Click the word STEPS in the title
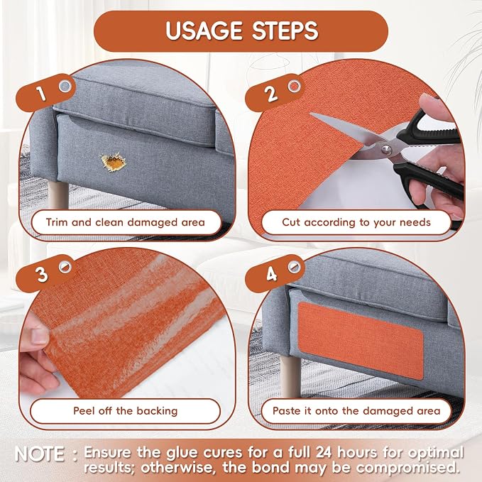285,31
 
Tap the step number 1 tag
45,92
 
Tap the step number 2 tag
275,92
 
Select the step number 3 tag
45,273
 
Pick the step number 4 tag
275,273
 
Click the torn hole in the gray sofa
113,162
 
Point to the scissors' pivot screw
385,150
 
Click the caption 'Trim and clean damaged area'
126,222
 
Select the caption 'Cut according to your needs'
356,222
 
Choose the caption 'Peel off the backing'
126,411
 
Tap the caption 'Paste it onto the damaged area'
356,411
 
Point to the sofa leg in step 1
57,195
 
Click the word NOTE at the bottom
39,454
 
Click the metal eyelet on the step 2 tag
294,86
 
